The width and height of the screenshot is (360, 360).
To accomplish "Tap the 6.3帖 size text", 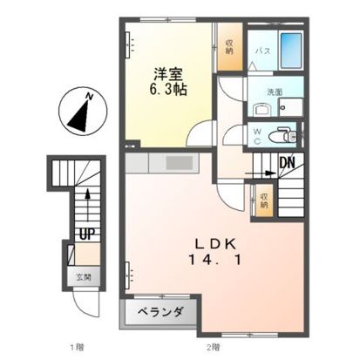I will [x=169, y=90].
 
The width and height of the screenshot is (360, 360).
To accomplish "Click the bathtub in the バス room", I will [x=291, y=48].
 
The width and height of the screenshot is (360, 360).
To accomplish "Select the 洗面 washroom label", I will [x=261, y=92].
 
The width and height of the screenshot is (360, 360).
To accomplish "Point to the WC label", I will [x=258, y=134].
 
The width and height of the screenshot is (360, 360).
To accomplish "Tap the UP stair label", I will [x=87, y=234].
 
